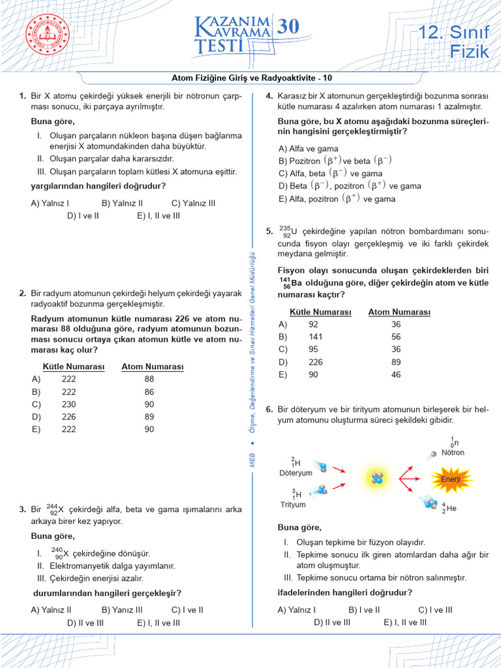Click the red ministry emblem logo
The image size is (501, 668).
tap(47, 35)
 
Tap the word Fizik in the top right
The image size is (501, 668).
tap(469, 52)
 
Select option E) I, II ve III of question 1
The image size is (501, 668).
tap(159, 215)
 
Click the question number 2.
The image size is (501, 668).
tap(22, 294)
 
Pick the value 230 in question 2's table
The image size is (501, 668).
tap(68, 404)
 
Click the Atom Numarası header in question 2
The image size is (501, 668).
tap(152, 367)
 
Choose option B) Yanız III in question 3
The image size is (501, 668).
tap(122, 610)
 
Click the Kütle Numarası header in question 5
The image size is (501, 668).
tap(320, 312)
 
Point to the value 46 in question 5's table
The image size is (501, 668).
tap(396, 374)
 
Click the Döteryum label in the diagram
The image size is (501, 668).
tap(296, 472)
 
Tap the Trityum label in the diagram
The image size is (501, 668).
tap(292, 504)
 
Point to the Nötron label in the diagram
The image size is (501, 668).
tap(453, 452)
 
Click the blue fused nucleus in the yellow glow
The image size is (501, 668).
tap(378, 478)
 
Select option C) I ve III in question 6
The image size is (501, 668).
tap(435, 610)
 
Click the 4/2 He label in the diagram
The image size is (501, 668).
tap(448, 508)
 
